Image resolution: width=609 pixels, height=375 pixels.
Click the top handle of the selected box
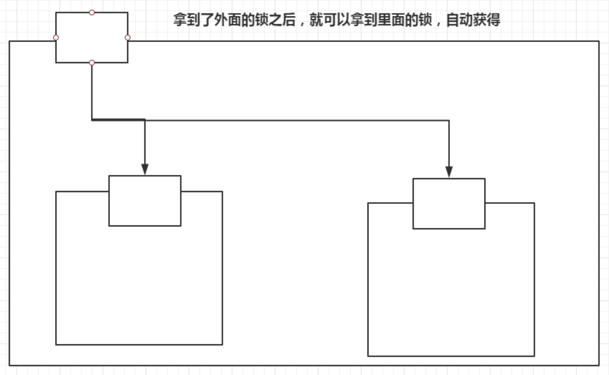click(92, 12)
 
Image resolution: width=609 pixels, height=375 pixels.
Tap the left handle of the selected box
click(56, 38)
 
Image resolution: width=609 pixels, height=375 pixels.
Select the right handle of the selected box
click(128, 38)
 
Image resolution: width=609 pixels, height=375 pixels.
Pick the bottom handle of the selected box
click(92, 62)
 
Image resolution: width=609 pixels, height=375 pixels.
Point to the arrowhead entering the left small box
click(145, 169)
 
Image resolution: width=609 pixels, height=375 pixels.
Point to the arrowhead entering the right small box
click(449, 172)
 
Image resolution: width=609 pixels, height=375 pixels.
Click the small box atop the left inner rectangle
click(145, 201)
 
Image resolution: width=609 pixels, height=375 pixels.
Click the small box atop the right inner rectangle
click(449, 204)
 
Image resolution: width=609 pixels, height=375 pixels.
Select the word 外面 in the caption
click(228, 20)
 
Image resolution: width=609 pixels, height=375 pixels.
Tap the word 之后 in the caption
click(282, 20)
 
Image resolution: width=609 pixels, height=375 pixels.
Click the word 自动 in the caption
click(460, 20)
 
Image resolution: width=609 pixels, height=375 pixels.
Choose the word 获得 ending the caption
click(487, 20)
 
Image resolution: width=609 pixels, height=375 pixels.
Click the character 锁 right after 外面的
click(262, 20)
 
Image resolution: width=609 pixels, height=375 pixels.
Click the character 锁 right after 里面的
click(425, 20)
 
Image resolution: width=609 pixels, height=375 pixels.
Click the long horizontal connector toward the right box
click(296, 120)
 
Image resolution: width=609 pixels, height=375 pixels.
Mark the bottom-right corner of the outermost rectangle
click(599, 365)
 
